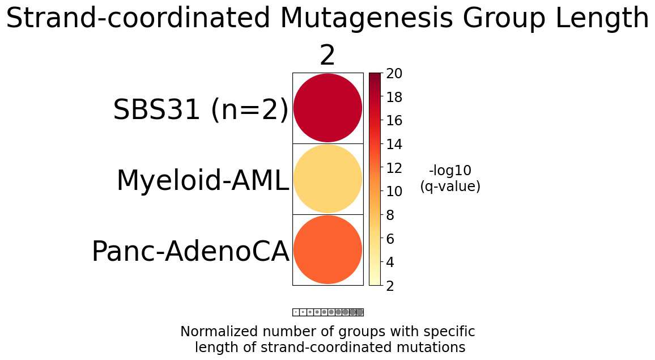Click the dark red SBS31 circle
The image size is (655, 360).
click(x=327, y=108)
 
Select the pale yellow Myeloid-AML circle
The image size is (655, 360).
click(x=327, y=179)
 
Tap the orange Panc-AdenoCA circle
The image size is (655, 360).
click(x=327, y=249)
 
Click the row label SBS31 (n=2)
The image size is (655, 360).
click(x=201, y=110)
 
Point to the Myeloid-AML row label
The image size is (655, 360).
click(x=202, y=181)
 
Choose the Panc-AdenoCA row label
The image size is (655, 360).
click(x=190, y=252)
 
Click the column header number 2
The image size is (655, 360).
click(x=327, y=56)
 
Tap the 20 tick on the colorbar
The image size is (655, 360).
click(x=394, y=74)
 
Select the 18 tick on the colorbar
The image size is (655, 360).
click(x=394, y=98)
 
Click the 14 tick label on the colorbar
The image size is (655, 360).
click(x=394, y=145)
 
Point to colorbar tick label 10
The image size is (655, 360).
click(x=394, y=192)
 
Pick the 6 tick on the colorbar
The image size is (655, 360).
click(x=390, y=239)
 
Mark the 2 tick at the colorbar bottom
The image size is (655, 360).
click(x=390, y=286)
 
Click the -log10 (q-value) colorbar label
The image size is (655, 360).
click(x=450, y=179)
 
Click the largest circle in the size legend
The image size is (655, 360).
click(x=360, y=312)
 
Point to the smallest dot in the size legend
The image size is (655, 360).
click(x=296, y=312)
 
